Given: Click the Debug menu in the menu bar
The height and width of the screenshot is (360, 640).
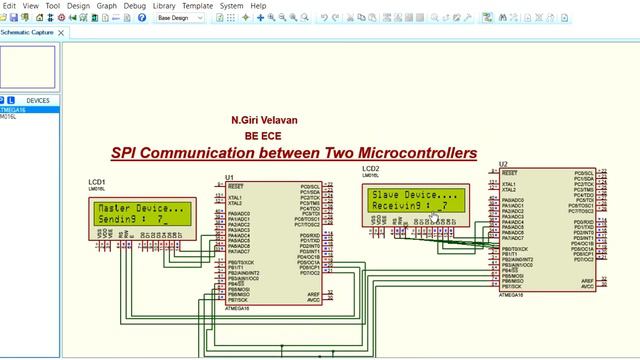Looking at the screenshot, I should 134,5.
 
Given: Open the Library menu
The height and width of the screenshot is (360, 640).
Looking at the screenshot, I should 164,5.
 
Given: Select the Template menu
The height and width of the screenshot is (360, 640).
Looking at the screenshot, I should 198,5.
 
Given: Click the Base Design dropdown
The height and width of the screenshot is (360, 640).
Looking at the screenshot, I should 181,18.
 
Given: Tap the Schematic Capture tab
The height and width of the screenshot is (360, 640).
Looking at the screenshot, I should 28,32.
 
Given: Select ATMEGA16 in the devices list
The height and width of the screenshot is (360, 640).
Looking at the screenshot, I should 13,109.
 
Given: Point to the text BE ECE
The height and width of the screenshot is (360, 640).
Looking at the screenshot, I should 259,136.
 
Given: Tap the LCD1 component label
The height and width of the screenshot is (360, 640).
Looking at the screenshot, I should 97,182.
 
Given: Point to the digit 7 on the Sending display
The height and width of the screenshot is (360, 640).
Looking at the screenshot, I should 160,218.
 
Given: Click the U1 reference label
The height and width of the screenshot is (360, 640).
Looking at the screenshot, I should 230,178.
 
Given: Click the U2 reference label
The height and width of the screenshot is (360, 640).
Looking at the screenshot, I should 503,163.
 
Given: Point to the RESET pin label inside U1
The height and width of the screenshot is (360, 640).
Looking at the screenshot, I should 236,187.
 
